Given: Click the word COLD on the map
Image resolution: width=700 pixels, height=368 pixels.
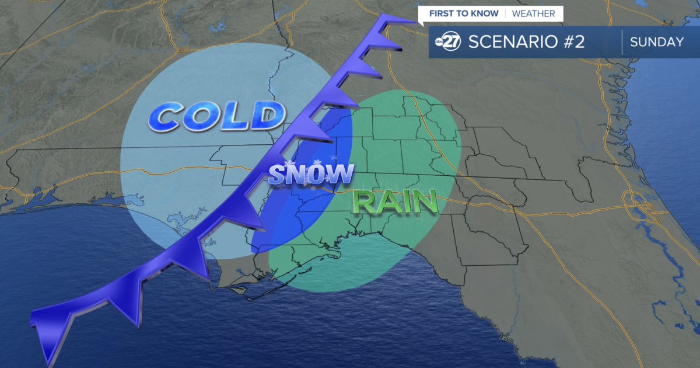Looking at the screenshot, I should tap(213, 117).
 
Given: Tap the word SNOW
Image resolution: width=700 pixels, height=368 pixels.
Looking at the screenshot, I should tap(311, 175).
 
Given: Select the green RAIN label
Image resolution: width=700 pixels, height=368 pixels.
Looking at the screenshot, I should tap(395, 202).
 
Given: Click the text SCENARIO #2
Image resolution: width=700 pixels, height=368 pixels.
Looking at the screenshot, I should tap(526, 42).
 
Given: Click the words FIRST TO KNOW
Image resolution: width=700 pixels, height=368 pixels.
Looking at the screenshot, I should tap(464, 13).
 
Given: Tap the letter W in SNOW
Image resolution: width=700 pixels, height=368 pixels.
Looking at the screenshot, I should tap(341, 173).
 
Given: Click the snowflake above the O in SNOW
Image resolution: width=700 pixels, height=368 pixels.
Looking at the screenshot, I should tap(317, 162).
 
